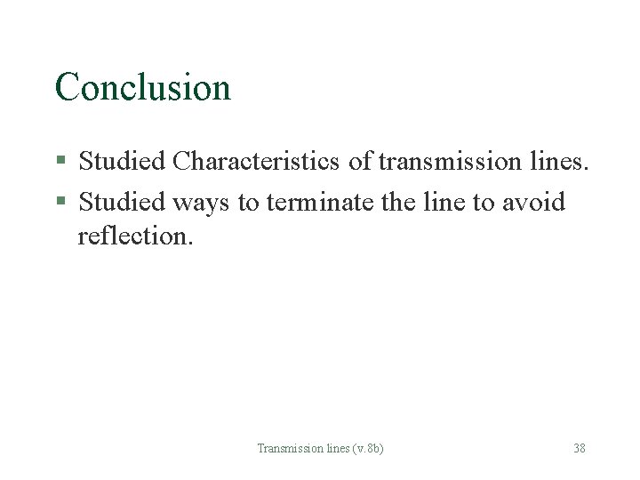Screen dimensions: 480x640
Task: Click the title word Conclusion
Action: tap(142, 87)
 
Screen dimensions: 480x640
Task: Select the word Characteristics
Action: tap(256, 161)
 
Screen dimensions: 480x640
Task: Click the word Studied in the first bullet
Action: tap(122, 161)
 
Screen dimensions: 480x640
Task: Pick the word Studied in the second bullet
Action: tap(122, 202)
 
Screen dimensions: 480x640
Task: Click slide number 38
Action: tap(579, 448)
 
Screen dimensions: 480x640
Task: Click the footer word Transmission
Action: tap(284, 448)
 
